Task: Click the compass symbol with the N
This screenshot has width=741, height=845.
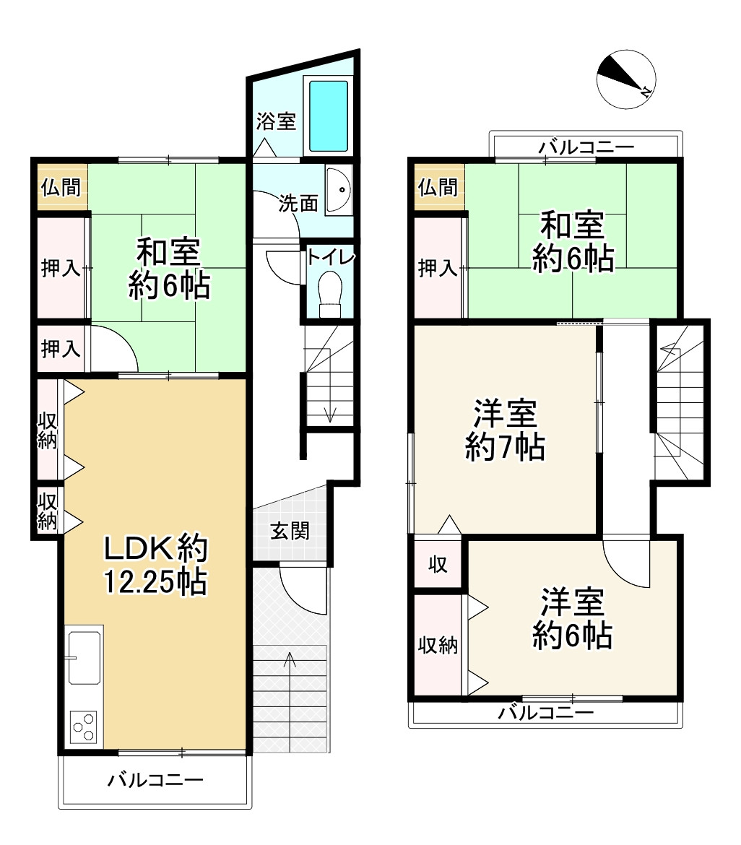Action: (x=626, y=79)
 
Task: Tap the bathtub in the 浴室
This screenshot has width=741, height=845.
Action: (x=329, y=116)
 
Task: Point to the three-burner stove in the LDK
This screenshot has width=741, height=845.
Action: (x=83, y=726)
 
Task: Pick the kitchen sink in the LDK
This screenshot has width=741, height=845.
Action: (x=84, y=657)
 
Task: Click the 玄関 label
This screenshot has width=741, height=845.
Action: (x=290, y=531)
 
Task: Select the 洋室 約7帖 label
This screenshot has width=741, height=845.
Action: (x=505, y=431)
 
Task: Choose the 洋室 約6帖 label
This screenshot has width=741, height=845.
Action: (x=573, y=619)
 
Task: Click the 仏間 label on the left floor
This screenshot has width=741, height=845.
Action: (x=61, y=187)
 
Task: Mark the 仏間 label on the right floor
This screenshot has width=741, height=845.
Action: (x=438, y=187)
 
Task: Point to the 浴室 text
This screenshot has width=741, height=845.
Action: (x=276, y=121)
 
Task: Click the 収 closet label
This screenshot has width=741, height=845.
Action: (x=438, y=564)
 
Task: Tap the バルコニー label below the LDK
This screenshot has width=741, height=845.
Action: (x=156, y=780)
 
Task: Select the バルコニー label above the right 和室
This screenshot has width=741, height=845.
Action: (x=586, y=147)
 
